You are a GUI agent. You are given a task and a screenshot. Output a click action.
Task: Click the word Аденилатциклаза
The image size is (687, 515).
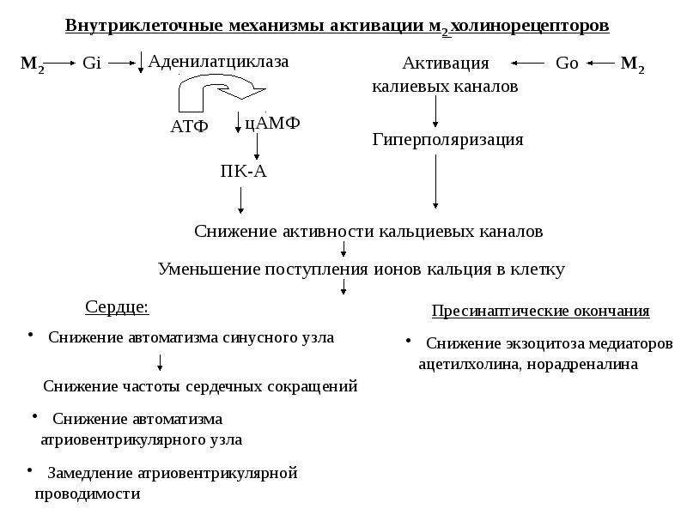point(219,61)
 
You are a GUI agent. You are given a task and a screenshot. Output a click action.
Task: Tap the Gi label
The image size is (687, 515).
point(92,63)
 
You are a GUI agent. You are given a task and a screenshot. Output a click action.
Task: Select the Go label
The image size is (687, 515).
point(567,63)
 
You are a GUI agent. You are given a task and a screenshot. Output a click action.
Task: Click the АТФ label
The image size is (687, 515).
point(190,127)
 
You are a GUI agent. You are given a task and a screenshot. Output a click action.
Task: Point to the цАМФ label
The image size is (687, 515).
point(272,123)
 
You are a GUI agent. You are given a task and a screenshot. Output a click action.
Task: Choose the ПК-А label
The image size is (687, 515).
point(244,171)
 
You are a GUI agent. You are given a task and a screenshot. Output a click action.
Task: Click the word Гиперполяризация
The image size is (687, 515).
point(447,139)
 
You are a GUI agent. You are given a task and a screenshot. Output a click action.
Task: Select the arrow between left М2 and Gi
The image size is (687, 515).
point(58,63)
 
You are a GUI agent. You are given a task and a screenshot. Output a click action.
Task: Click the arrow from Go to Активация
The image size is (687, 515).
point(529,63)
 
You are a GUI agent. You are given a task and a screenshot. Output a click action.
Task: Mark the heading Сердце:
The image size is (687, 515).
point(118,306)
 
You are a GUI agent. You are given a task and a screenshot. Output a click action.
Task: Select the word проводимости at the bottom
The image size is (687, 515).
point(87,494)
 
